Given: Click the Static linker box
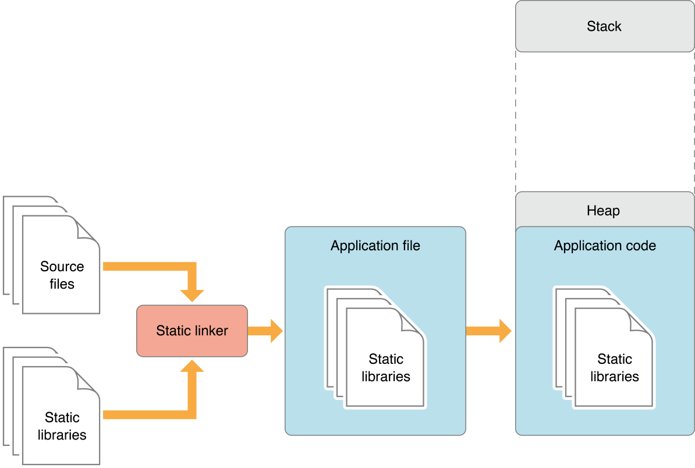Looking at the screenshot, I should [192, 331].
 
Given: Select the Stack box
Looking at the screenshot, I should [604, 26].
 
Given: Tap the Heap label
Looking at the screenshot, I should [603, 211].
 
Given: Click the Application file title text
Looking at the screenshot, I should [375, 246].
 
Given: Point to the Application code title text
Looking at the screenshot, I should [604, 246].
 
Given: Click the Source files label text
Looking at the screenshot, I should [62, 275].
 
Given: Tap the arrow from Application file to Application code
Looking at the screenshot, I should [489, 331].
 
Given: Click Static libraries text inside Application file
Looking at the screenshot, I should [386, 368].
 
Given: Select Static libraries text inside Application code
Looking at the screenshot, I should [615, 368].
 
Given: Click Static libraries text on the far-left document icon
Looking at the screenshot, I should [62, 426].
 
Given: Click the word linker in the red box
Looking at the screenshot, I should [210, 331].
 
